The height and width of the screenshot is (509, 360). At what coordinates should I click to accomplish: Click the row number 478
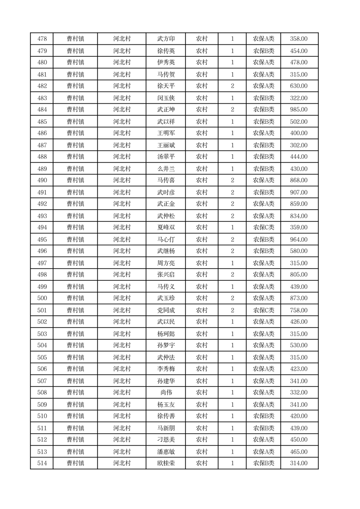tap(42, 39)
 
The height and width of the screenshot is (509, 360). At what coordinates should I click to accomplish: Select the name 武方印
tap(165, 39)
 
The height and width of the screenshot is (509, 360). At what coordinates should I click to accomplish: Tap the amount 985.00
tap(299, 109)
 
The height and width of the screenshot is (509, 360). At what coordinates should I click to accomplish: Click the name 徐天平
tap(165, 86)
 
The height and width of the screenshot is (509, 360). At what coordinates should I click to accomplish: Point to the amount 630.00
tap(299, 86)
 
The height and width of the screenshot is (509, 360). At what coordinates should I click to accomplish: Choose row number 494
tap(42, 227)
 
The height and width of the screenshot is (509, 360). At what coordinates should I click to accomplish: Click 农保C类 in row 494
tap(263, 227)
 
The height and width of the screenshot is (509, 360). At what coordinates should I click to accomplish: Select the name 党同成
tap(165, 310)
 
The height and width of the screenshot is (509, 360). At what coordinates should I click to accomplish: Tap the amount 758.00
tap(299, 310)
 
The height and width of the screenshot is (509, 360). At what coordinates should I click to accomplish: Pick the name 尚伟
tap(165, 392)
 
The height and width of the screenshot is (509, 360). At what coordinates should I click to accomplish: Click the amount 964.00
tap(299, 240)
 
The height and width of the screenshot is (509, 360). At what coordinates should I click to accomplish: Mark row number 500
tap(42, 298)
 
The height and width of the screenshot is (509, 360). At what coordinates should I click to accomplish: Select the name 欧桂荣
tap(165, 463)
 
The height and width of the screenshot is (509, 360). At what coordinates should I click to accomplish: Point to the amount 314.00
tap(299, 463)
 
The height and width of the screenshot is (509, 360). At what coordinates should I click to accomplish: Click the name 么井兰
tap(165, 169)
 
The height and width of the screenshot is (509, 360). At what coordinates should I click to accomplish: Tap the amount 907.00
tap(299, 192)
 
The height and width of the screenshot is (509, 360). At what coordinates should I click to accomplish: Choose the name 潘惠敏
tap(165, 452)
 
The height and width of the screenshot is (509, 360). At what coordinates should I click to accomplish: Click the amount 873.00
tap(299, 298)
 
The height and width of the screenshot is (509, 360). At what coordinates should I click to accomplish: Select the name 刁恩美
tap(165, 440)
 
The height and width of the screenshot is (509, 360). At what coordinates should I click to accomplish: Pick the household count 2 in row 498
tap(232, 274)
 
